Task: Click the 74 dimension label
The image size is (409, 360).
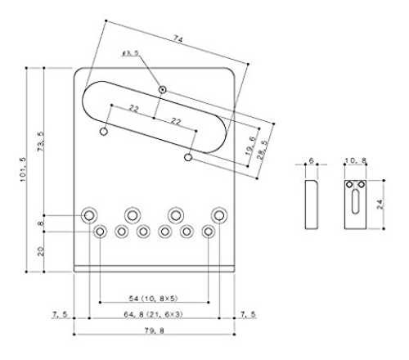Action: click(178, 39)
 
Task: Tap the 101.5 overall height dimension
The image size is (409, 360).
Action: click(23, 169)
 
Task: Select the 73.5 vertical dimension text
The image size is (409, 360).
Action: click(41, 142)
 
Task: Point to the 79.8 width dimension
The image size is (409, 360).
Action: click(155, 331)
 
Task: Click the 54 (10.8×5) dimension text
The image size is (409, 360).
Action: click(153, 299)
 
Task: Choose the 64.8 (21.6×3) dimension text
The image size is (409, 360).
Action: click(153, 314)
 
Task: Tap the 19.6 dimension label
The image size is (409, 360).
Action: click(250, 146)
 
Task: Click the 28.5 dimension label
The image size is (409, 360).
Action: click(263, 150)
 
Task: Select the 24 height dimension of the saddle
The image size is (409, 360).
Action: click(380, 205)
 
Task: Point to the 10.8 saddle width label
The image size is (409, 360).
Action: click(356, 160)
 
